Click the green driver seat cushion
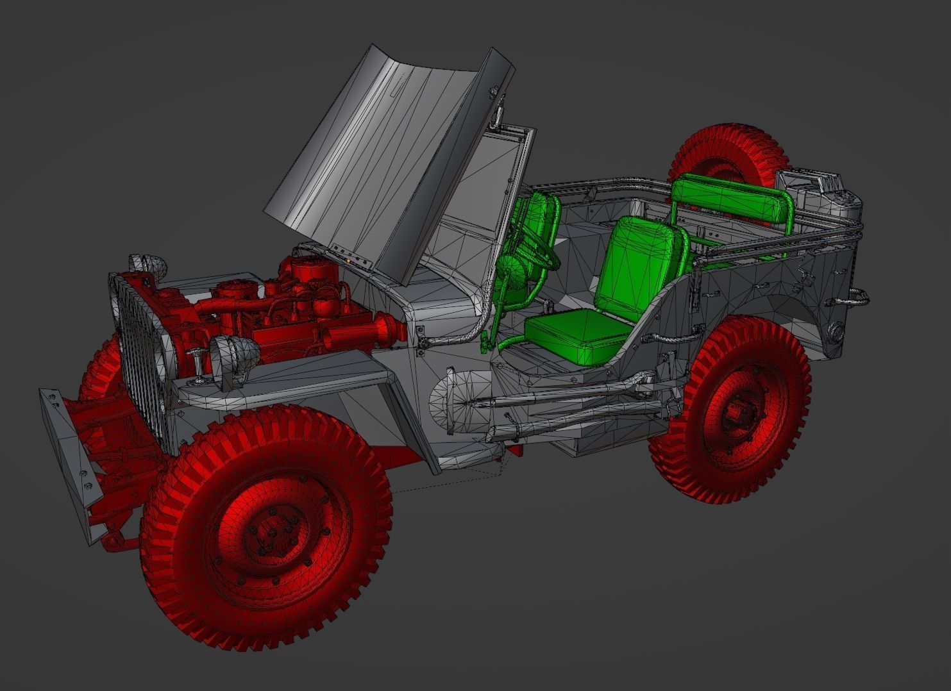577,337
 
